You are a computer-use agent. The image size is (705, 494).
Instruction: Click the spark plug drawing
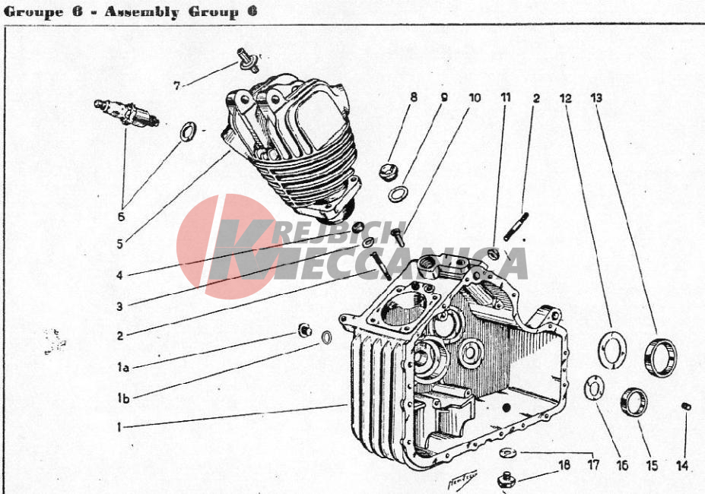[126, 112]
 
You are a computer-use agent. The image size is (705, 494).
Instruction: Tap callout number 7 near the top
[176, 85]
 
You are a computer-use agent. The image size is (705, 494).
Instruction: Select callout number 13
[596, 97]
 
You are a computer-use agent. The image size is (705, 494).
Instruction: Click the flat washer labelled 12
[612, 350]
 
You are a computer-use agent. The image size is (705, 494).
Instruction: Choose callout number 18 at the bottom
[564, 465]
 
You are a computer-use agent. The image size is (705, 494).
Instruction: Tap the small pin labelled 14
[686, 407]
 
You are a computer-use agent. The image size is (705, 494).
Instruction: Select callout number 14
[682, 465]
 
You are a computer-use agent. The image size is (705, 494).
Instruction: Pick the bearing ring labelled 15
[634, 402]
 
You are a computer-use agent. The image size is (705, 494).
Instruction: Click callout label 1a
[122, 367]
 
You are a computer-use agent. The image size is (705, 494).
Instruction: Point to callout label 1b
[122, 398]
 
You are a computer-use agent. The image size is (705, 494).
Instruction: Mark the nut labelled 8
[388, 172]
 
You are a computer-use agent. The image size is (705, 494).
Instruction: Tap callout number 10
[475, 97]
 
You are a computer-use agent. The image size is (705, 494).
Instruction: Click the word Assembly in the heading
[141, 11]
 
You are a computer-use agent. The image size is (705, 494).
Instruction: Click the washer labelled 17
[508, 453]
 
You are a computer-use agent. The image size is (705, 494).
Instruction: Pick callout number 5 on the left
[119, 244]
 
